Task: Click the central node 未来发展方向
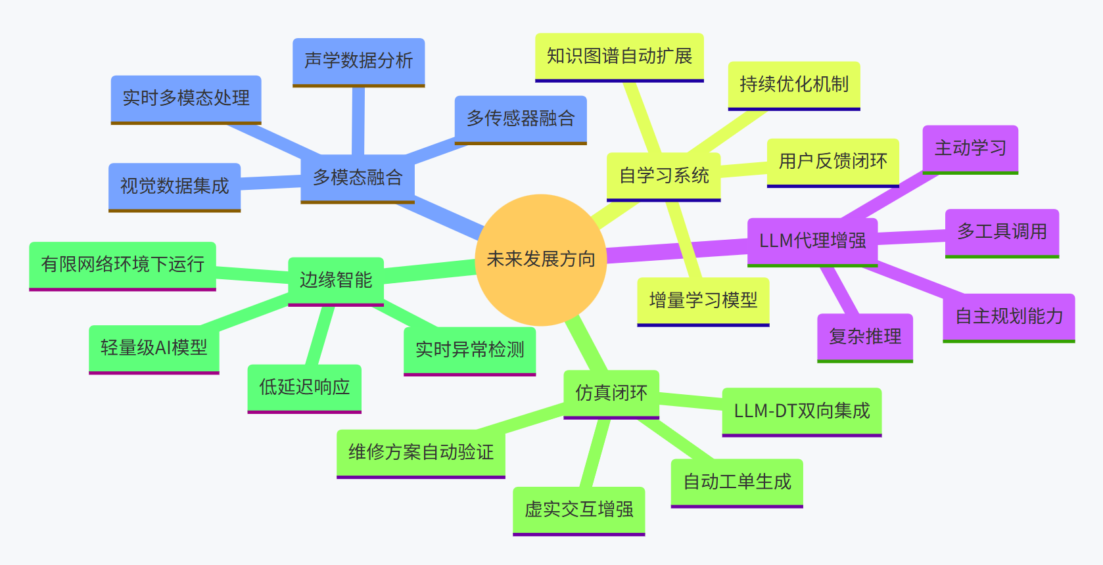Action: tap(540, 260)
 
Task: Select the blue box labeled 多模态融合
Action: tap(358, 178)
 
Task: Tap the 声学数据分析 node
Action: tap(358, 61)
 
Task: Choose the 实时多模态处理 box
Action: tap(186, 99)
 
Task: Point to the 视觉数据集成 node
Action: tap(174, 187)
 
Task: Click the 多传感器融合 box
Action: tap(521, 119)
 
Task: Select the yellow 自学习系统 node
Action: tap(664, 176)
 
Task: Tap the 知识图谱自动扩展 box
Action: tap(619, 56)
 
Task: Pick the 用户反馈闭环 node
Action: tap(833, 162)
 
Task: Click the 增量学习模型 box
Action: tap(703, 301)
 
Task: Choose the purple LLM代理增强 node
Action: tap(812, 241)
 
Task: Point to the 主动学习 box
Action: tap(970, 148)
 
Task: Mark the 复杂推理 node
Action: tap(865, 337)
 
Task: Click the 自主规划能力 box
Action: tap(1009, 317)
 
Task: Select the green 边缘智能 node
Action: tap(336, 281)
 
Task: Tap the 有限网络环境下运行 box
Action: tap(123, 265)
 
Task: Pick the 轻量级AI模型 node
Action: tap(154, 348)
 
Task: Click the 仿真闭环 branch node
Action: tap(611, 394)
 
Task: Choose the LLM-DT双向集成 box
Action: tap(802, 411)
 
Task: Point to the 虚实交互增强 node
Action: tap(579, 510)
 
